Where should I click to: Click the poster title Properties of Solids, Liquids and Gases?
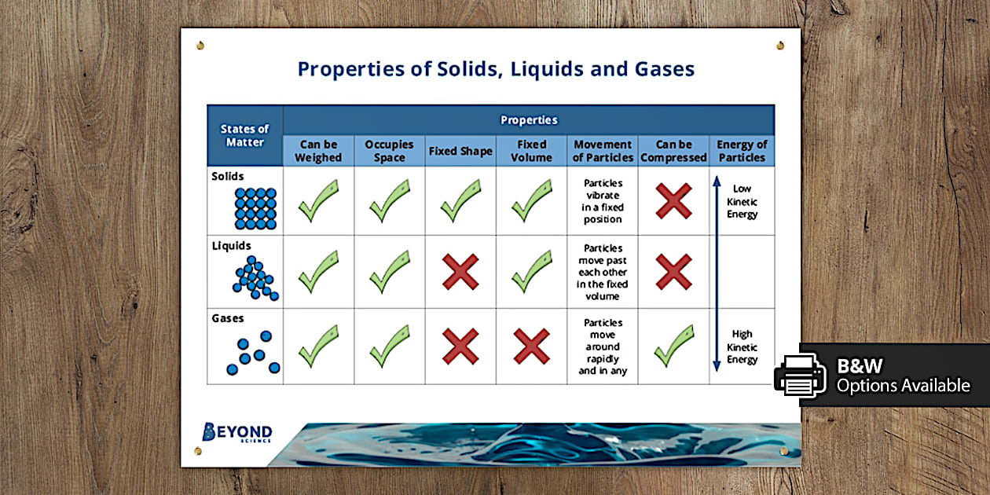pyautogui.click(x=496, y=69)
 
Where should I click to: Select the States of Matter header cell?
pyautogui.click(x=244, y=135)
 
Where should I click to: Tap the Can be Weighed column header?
pyautogui.click(x=318, y=151)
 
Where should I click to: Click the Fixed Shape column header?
pyautogui.click(x=460, y=151)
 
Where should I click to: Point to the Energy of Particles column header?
pyautogui.click(x=742, y=151)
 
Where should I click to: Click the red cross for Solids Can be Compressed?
pyautogui.click(x=673, y=201)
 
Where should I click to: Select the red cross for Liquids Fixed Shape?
pyautogui.click(x=460, y=272)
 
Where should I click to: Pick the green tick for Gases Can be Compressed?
pyautogui.click(x=673, y=346)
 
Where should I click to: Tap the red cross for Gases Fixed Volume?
pyautogui.click(x=531, y=346)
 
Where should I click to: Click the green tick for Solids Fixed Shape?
pyautogui.click(x=460, y=201)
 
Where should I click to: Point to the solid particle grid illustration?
pyautogui.click(x=255, y=207)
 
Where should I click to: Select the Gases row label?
pyautogui.click(x=228, y=319)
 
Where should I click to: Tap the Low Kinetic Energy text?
pyautogui.click(x=742, y=201)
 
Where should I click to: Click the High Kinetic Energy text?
pyautogui.click(x=742, y=346)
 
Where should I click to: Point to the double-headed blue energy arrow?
pyautogui.click(x=717, y=273)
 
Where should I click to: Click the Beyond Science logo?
pyautogui.click(x=237, y=433)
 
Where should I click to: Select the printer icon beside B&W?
pyautogui.click(x=801, y=374)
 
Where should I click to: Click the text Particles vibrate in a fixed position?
pyautogui.click(x=603, y=201)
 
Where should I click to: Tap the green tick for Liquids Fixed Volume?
pyautogui.click(x=531, y=272)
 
